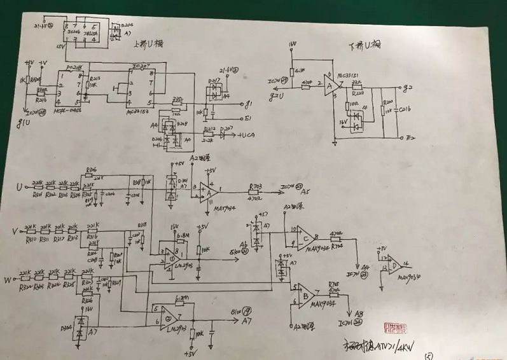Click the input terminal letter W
click(8, 279)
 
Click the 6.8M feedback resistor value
click(184, 235)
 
